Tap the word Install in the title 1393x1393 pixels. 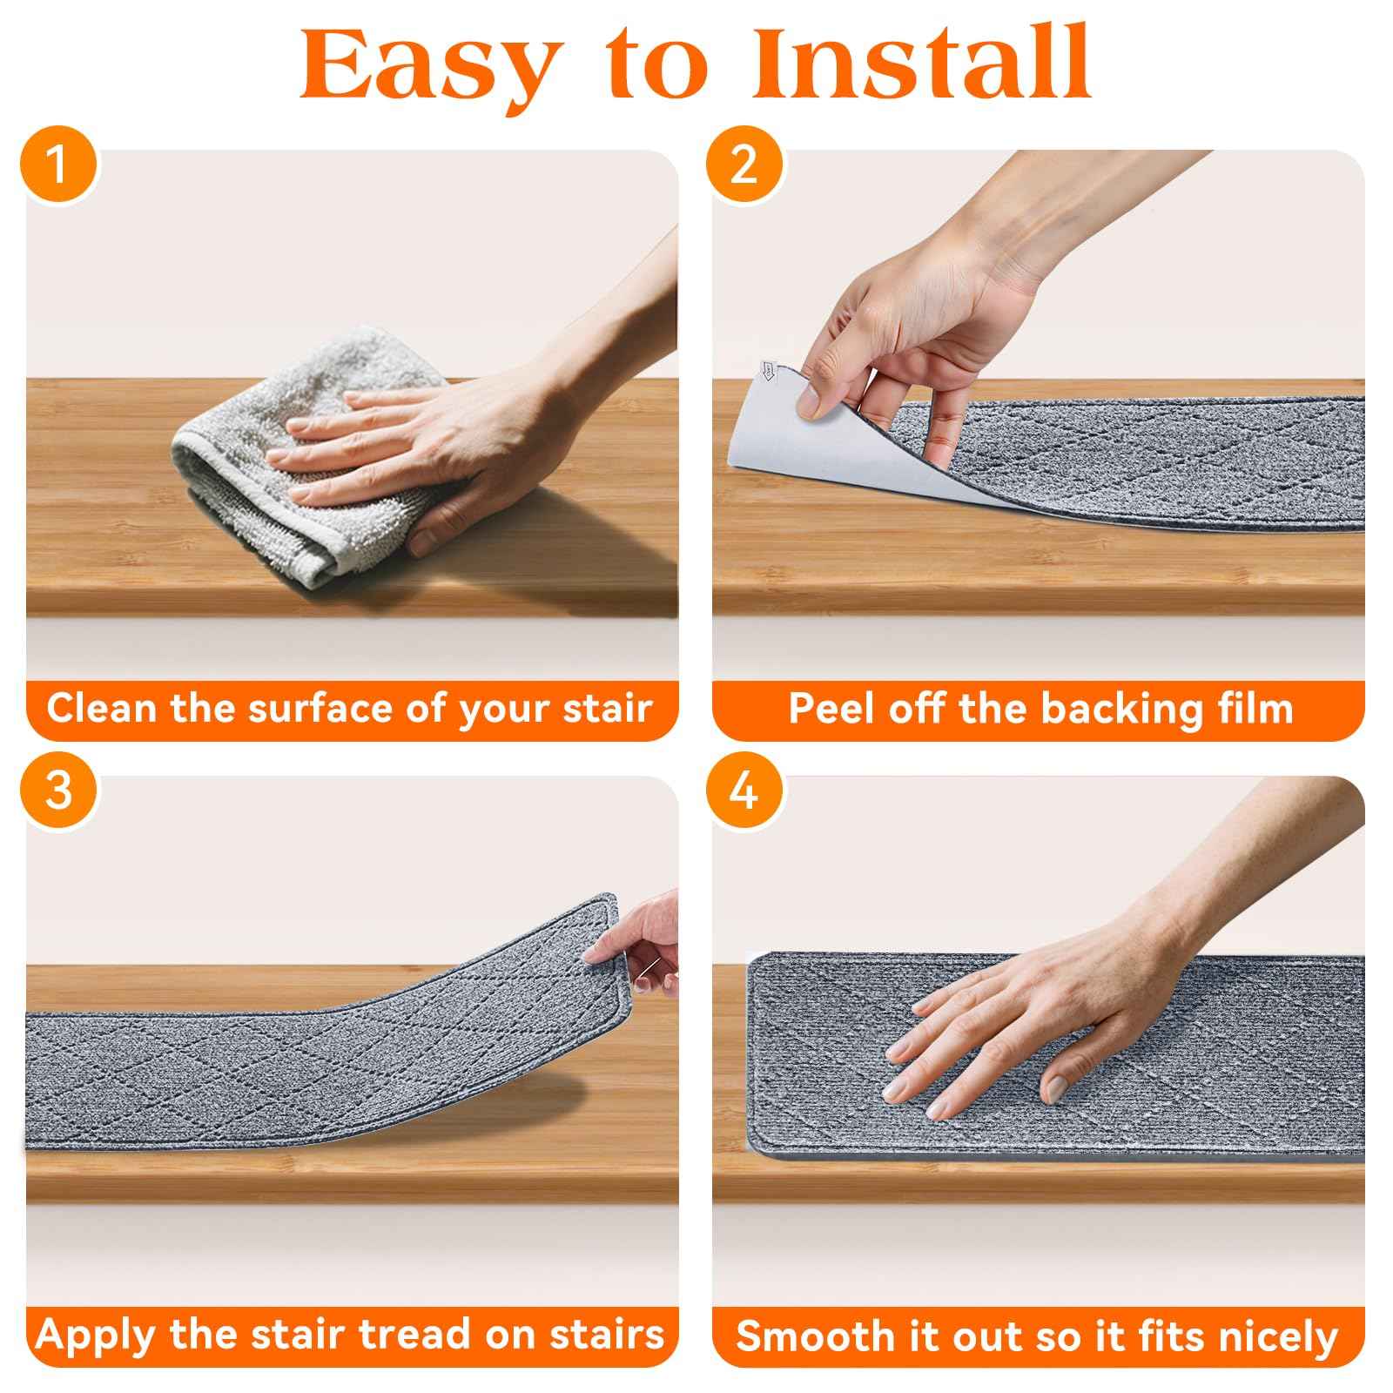click(x=921, y=62)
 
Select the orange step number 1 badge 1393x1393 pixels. click(x=57, y=164)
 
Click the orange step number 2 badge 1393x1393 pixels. click(x=743, y=164)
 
